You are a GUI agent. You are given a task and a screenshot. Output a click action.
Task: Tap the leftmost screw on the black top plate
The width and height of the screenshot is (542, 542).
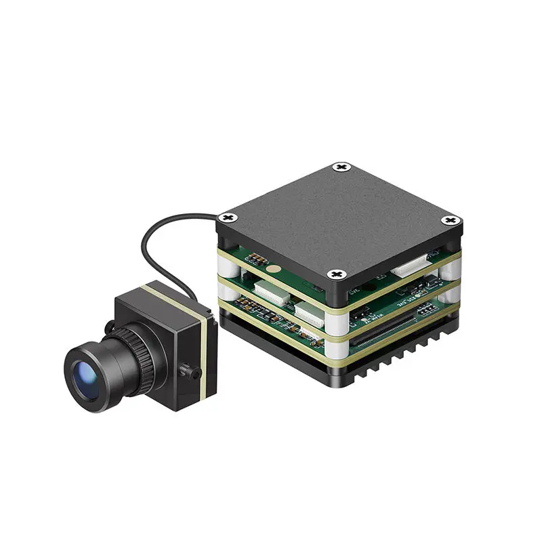pos(228,217)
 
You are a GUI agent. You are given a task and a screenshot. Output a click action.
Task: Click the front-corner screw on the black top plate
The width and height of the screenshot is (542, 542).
pos(336,274)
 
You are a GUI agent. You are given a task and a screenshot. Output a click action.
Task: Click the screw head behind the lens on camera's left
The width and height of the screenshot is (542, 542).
pos(108,327)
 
